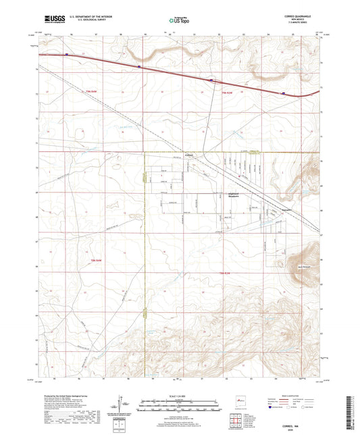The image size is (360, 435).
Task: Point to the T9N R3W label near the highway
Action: [210, 93]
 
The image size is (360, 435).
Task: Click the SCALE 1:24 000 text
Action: [180, 395]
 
